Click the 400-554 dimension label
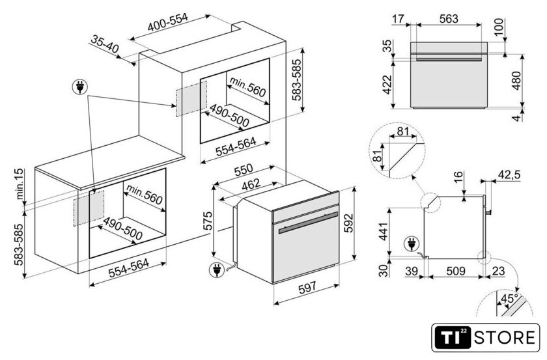[167, 23]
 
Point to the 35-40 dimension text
[105, 44]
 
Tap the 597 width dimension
[307, 288]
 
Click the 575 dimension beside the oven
[207, 221]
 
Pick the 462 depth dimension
[251, 184]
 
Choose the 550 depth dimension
[243, 170]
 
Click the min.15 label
[20, 184]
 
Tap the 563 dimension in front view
[449, 18]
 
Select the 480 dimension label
[516, 81]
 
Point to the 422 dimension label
[387, 85]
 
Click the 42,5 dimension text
[509, 174]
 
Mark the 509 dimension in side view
[456, 271]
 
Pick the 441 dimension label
[384, 231]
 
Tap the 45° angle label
[510, 299]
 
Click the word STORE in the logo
[505, 338]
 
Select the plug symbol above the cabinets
[79, 87]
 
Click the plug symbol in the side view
[412, 244]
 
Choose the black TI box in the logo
[453, 338]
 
